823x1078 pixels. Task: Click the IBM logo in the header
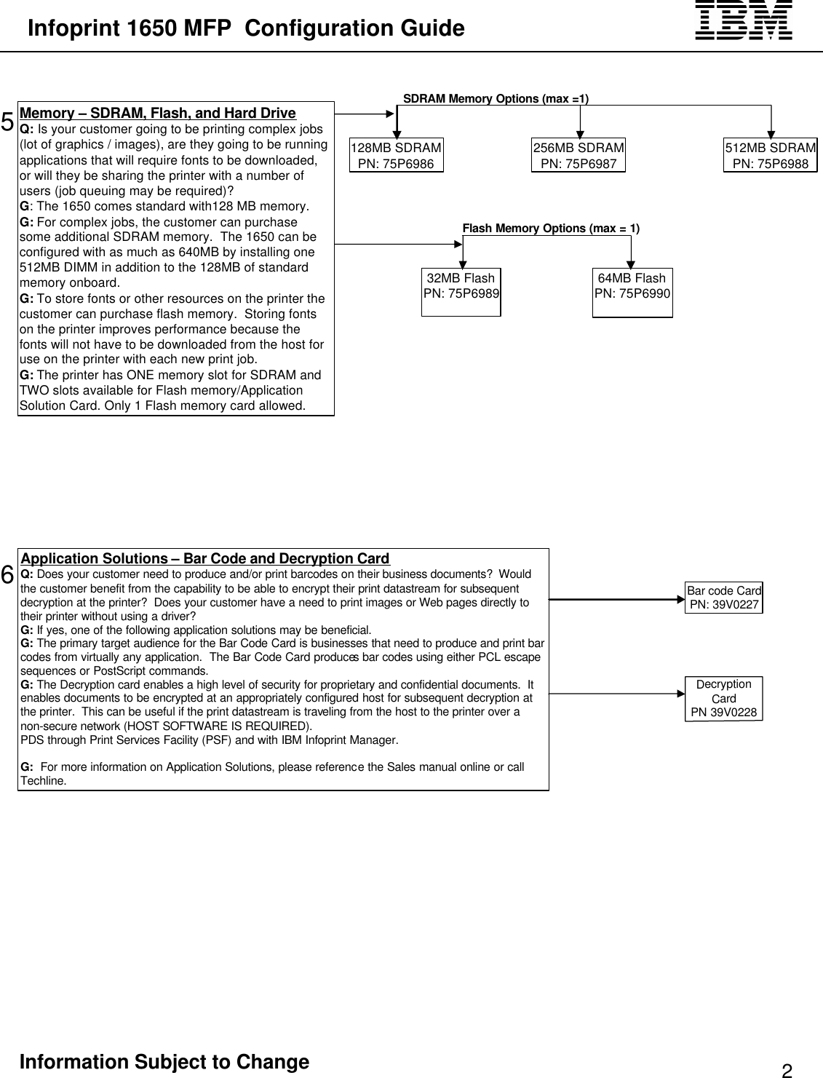point(743,20)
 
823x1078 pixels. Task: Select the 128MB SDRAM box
point(396,156)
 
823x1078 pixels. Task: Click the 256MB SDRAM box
point(579,156)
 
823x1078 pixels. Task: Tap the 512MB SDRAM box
point(770,156)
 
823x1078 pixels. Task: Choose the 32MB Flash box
point(461,292)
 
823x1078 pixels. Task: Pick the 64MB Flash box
point(632,292)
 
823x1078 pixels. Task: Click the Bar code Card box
point(723,598)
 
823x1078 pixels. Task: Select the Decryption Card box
point(723,698)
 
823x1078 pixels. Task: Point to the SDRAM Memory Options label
point(496,99)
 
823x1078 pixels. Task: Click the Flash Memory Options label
point(551,229)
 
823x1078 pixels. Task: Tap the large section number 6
point(7,575)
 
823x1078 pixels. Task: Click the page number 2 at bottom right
point(787,1070)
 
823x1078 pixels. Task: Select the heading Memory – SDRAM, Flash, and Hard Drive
point(158,113)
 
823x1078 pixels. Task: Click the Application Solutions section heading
point(205,558)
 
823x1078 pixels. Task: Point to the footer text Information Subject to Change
point(164,1062)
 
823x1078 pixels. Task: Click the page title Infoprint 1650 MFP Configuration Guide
point(246,28)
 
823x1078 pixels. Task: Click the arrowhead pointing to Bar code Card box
point(680,600)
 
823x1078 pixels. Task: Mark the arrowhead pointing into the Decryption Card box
point(680,694)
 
